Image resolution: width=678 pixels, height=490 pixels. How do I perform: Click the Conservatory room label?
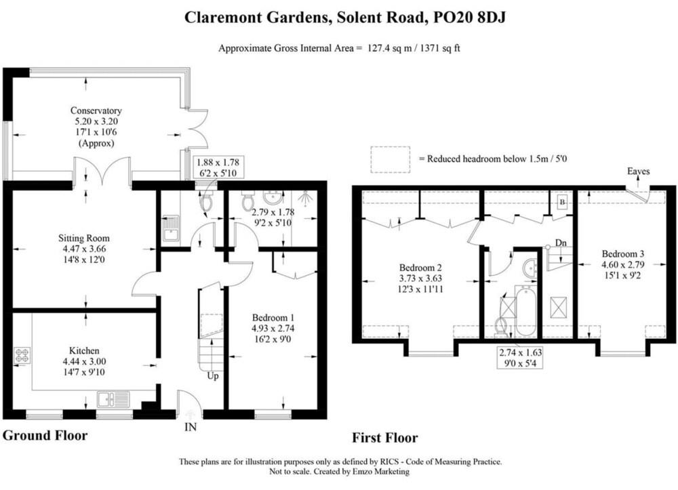(x=96, y=110)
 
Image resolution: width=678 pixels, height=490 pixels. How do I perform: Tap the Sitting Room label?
(x=84, y=238)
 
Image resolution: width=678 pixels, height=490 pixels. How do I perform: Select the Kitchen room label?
(x=84, y=350)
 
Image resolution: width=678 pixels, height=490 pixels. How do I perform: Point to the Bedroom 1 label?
(x=273, y=317)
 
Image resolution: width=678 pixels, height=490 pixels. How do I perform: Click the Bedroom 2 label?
(x=420, y=268)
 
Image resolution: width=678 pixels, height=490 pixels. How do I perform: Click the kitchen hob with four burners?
(x=22, y=356)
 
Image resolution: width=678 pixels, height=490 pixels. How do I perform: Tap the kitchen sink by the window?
(x=113, y=399)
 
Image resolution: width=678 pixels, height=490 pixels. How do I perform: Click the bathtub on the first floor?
(x=526, y=310)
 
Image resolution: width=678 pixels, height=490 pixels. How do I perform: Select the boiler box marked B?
(x=562, y=202)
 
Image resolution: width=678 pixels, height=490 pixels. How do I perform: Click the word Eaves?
(x=638, y=171)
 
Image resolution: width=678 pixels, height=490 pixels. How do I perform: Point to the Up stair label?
(x=213, y=376)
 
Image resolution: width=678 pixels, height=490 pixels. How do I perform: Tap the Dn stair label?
(x=561, y=243)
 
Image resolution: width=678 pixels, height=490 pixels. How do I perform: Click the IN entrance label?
(x=191, y=428)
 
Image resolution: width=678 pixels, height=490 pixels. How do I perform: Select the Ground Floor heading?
(x=45, y=436)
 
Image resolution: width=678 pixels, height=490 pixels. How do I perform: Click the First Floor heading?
(x=385, y=438)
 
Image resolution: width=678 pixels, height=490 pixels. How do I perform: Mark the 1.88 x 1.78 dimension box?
(x=218, y=167)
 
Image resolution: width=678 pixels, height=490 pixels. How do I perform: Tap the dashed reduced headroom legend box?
(x=391, y=160)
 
